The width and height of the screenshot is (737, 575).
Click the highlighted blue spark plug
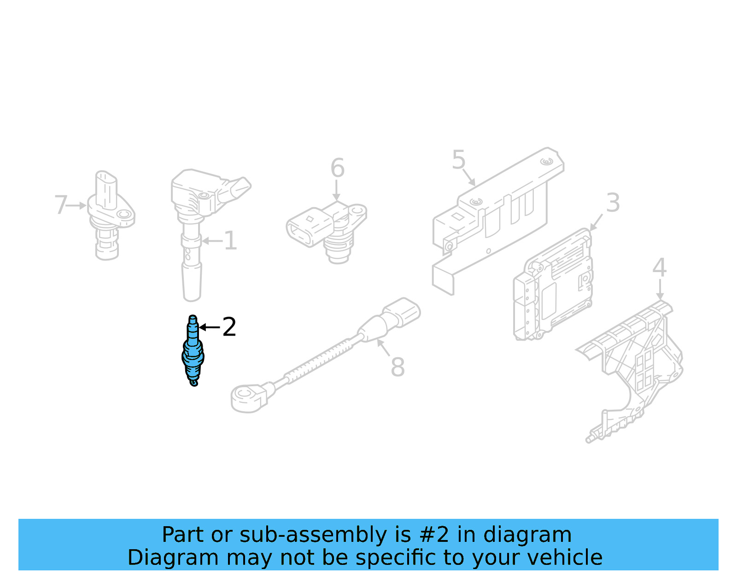(x=193, y=352)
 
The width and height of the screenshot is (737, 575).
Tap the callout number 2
(x=229, y=327)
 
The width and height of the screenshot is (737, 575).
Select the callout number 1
(x=230, y=241)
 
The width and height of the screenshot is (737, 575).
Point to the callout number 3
(x=613, y=203)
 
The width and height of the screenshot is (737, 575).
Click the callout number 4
(x=659, y=268)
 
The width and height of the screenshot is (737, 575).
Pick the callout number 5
(x=459, y=160)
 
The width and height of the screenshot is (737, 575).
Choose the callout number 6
(x=337, y=168)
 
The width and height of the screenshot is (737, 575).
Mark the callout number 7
(x=61, y=205)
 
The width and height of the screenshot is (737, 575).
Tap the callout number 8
(x=398, y=367)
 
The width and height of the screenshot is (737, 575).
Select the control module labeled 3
(x=553, y=288)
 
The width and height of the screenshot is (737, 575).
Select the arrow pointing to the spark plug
(x=209, y=327)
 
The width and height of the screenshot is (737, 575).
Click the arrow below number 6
(x=337, y=191)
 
